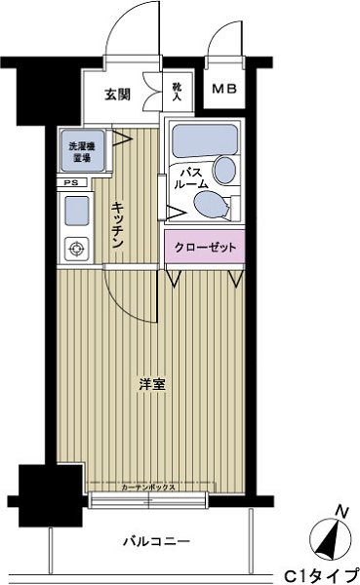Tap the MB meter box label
point(230,90)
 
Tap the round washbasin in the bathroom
point(223,171)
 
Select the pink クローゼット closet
point(206,248)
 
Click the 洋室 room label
point(152,383)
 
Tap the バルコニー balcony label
point(155,539)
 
